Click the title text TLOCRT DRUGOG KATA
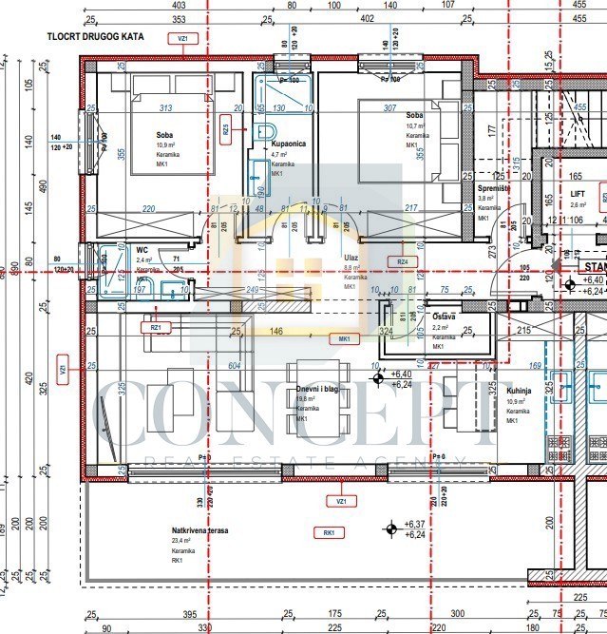tap(92, 39)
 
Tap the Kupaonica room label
tap(288, 142)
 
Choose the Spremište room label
tap(494, 188)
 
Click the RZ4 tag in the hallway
tap(402, 261)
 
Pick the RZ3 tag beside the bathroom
tap(225, 128)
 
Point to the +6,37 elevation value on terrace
tap(415, 524)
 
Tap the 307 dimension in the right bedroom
tap(389, 107)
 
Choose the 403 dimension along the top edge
tap(179, 5)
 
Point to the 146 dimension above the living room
tap(276, 333)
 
